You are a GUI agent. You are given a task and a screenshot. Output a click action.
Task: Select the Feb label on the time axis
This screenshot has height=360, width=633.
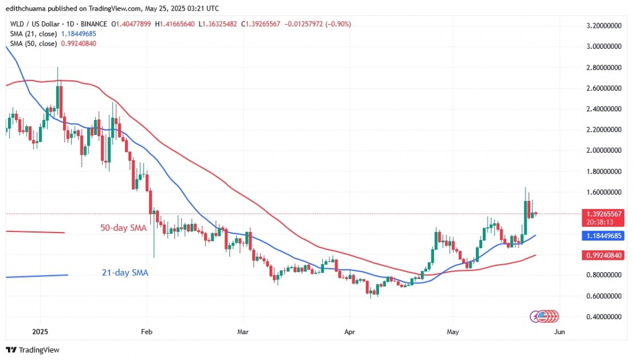click(147, 332)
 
